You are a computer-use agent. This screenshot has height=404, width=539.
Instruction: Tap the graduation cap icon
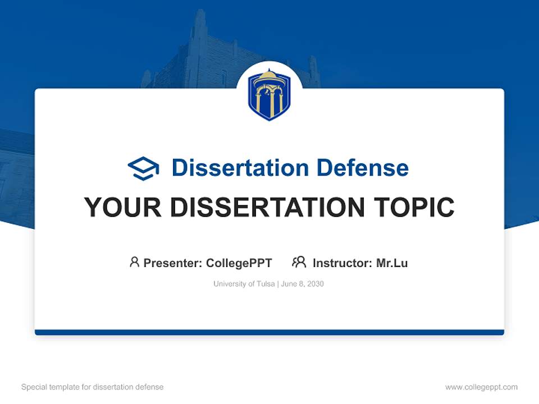[x=143, y=168]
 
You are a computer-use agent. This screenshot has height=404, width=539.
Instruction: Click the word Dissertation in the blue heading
[x=240, y=168]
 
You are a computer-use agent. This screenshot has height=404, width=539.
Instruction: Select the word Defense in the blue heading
[x=363, y=168]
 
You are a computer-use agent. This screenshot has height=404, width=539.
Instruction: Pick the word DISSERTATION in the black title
[x=267, y=207]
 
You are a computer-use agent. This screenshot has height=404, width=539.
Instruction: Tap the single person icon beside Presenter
[x=134, y=262]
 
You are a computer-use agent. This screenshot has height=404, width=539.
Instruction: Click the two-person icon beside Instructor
[x=299, y=262]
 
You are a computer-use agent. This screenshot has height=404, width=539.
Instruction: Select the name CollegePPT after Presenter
[x=239, y=263]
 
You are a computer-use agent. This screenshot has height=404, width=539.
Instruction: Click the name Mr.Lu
[x=392, y=263]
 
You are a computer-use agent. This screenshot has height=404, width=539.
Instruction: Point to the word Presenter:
[x=172, y=263]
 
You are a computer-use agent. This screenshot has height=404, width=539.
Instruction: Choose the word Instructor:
[x=342, y=263]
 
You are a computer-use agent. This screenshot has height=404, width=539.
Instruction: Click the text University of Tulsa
[x=244, y=284]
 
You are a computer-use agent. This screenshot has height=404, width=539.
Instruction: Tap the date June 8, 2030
[x=303, y=284]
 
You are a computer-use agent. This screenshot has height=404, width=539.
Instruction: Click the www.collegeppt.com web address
[x=481, y=387]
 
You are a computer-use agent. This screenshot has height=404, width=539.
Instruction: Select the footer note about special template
[x=93, y=387]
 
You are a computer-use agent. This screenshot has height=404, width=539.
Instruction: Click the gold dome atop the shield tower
[x=269, y=74]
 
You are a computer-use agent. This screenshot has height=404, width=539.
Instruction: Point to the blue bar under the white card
[x=269, y=332]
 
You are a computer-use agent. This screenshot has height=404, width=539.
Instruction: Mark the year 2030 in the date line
[x=316, y=284]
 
